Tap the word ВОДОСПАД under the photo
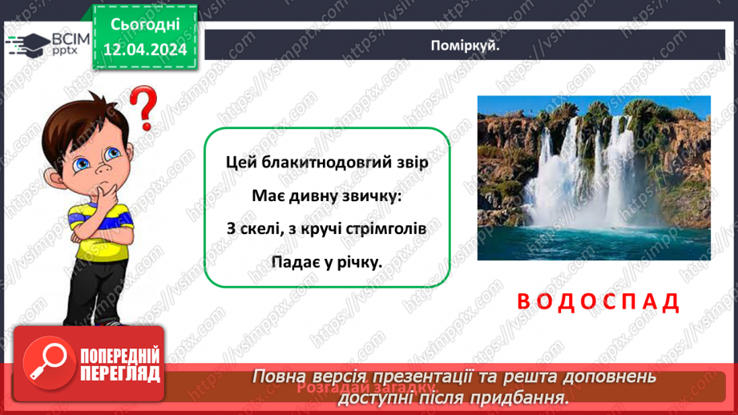[x=598, y=302]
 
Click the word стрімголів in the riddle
[x=381, y=228]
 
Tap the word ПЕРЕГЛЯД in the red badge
[x=119, y=373]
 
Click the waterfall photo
[x=593, y=178]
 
